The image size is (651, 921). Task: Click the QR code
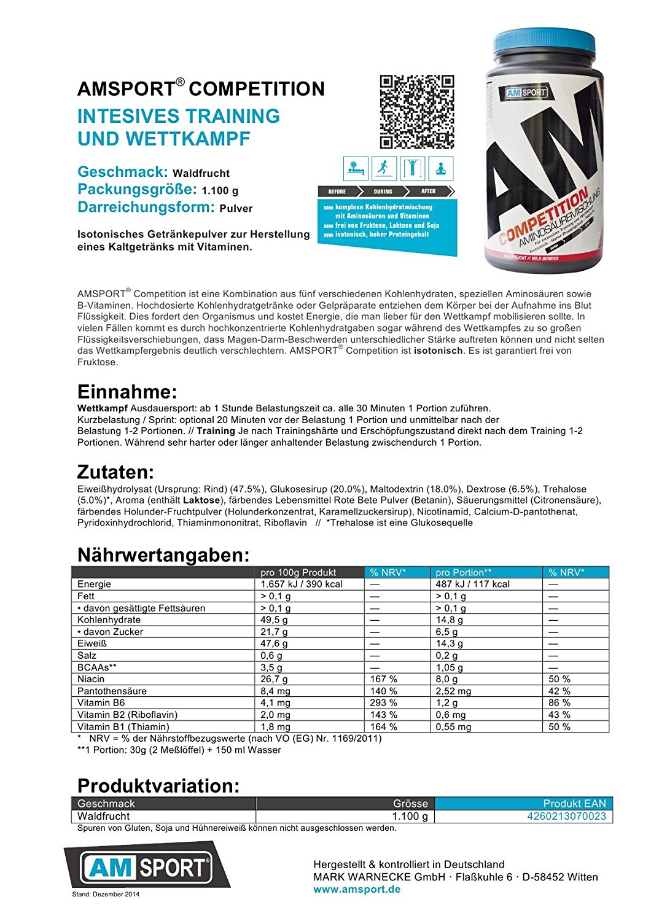(416, 112)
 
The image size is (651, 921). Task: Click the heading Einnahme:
(127, 392)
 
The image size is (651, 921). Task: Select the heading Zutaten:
(115, 472)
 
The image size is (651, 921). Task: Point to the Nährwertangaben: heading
(163, 555)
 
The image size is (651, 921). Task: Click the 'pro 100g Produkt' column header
(298, 572)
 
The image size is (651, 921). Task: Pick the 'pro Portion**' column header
(464, 572)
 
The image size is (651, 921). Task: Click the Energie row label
(95, 584)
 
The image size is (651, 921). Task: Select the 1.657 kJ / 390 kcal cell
(302, 584)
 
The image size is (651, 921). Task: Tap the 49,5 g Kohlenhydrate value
(274, 620)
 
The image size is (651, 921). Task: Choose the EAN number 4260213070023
(566, 816)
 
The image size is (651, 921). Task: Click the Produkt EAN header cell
(574, 803)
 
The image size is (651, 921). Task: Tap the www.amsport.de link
(357, 889)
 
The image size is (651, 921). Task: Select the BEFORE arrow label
(337, 192)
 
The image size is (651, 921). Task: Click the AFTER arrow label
(429, 192)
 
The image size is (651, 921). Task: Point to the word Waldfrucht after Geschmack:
(201, 173)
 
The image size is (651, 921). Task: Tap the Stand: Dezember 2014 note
(106, 894)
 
